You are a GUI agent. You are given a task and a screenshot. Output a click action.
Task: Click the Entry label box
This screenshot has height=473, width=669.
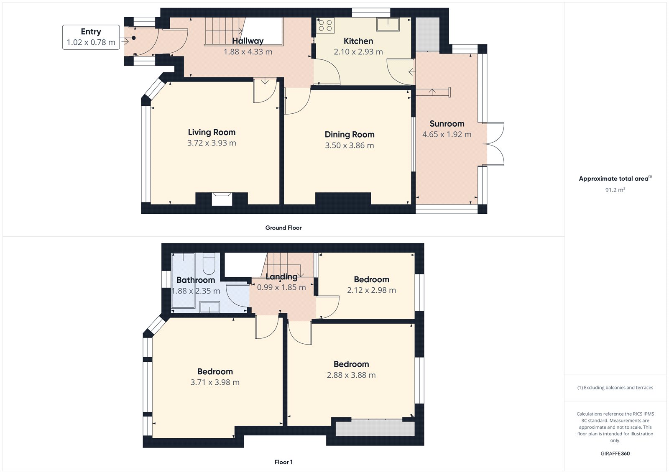click(91, 37)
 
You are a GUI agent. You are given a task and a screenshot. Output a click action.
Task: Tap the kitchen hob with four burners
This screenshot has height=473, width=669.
click(325, 26)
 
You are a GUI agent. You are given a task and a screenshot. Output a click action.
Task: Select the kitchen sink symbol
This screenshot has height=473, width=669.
click(388, 25)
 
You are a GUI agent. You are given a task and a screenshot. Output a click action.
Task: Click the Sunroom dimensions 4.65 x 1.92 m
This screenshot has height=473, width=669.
click(447, 135)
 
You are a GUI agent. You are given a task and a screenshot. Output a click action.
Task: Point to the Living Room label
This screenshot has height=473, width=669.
click(212, 132)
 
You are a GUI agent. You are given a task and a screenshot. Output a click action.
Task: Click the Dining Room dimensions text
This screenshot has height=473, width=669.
click(350, 146)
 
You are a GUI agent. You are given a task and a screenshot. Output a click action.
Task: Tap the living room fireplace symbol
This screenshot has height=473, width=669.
click(222, 198)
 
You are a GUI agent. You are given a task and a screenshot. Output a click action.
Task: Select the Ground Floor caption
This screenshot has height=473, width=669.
click(283, 228)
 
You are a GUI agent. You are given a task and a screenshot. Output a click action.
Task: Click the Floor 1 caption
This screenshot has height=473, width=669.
click(283, 462)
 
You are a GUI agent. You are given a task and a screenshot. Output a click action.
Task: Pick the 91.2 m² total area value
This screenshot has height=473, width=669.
click(615, 190)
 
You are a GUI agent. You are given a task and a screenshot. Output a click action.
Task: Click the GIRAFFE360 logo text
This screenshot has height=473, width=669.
click(615, 453)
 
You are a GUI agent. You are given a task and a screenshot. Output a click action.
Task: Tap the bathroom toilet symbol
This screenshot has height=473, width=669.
click(209, 264)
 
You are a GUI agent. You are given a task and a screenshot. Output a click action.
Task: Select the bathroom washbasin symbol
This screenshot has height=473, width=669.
click(209, 307)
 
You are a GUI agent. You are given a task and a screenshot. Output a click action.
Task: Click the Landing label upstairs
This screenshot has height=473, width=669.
click(281, 276)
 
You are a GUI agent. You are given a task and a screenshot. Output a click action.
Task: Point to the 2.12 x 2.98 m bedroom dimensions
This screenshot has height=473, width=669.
click(371, 290)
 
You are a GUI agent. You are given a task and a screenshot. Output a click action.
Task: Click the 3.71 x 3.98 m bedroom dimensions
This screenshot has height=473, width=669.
click(215, 382)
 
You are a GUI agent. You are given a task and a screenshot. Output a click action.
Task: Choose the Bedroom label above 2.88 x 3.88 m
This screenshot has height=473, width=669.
click(351, 364)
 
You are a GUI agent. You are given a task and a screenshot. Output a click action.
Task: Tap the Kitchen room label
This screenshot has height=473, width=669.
click(358, 41)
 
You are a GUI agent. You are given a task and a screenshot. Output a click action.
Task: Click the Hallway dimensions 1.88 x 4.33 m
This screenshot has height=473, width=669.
click(248, 52)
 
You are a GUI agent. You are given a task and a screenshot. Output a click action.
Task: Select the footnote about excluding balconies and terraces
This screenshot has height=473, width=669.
click(615, 388)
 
